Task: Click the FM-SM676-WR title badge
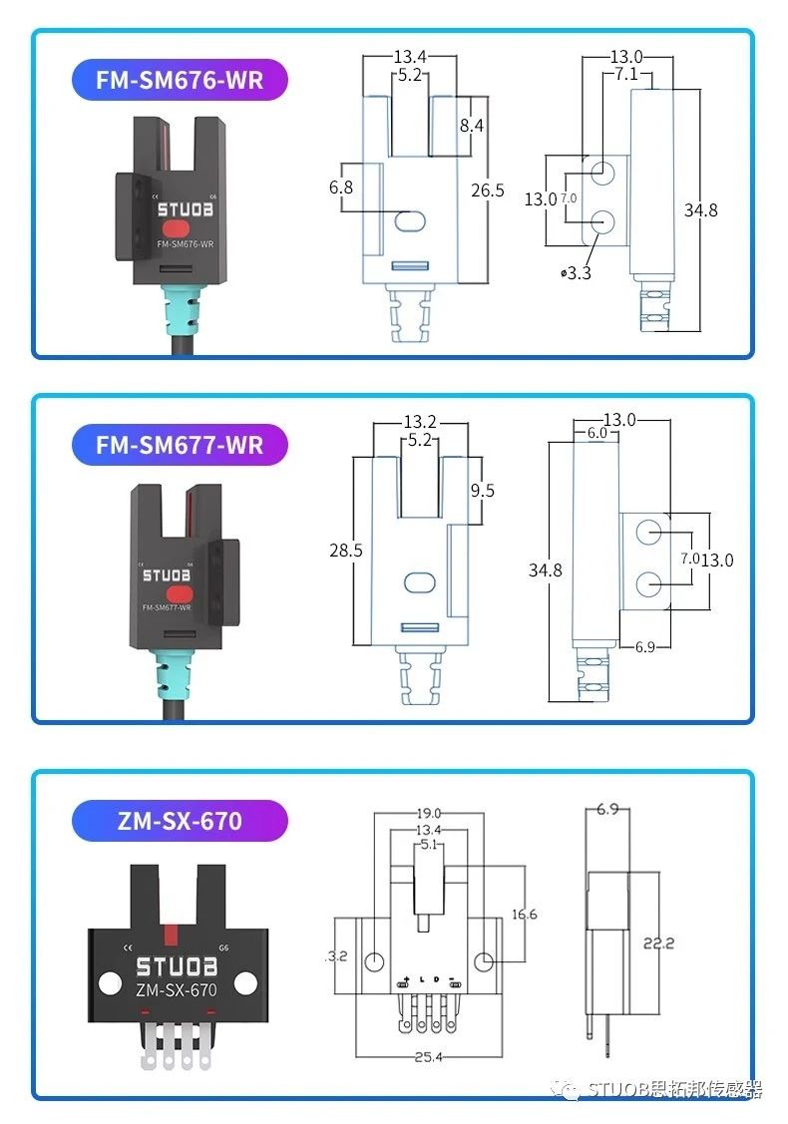(180, 80)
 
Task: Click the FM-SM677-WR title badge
(180, 444)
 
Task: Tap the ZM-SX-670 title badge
(180, 821)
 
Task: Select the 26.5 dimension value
(488, 189)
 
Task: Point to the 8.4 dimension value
(471, 126)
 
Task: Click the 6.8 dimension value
(341, 187)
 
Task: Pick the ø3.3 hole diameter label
(577, 272)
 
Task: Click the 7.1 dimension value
(627, 74)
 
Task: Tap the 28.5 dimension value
(345, 550)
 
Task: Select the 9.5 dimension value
(483, 490)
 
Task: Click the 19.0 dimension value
(429, 814)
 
